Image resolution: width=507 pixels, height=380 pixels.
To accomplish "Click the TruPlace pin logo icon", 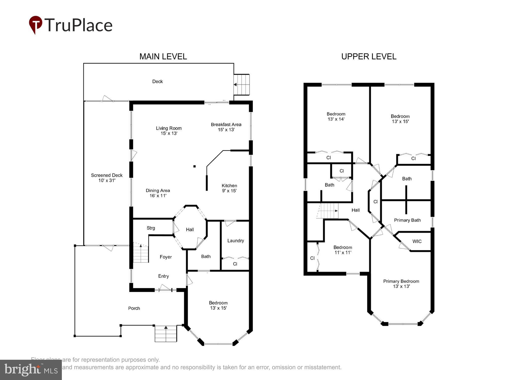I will (35, 25).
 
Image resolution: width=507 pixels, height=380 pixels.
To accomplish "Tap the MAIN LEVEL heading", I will (163, 56).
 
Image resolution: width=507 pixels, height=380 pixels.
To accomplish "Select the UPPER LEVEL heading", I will (369, 56).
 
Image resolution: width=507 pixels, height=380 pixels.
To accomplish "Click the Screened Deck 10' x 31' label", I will (107, 178).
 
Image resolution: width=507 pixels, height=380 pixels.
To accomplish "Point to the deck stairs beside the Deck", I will (242, 84).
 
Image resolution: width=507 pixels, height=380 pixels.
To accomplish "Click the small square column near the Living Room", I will (194, 166).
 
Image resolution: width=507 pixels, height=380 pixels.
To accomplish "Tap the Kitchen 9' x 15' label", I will (229, 188).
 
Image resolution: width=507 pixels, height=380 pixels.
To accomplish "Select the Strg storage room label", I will (151, 228).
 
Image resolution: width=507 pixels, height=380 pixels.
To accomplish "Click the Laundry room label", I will (236, 241).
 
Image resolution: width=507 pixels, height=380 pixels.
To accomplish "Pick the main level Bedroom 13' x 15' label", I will (218, 305).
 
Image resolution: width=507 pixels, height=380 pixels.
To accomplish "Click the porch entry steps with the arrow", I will (166, 334).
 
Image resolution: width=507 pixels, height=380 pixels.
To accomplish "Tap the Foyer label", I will (166, 257).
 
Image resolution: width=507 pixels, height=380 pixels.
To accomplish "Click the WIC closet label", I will (417, 241).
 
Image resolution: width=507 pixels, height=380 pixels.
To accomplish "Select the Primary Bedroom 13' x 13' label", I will (401, 283).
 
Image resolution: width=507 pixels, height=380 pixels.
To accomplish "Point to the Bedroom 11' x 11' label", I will (343, 250).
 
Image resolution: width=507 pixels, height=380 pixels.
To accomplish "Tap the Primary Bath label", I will (407, 220).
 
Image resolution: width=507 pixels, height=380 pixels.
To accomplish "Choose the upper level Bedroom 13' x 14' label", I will (336, 116).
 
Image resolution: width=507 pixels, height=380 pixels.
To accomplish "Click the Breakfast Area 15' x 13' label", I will (226, 127).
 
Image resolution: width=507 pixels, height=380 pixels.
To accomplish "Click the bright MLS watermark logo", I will (31, 370).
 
